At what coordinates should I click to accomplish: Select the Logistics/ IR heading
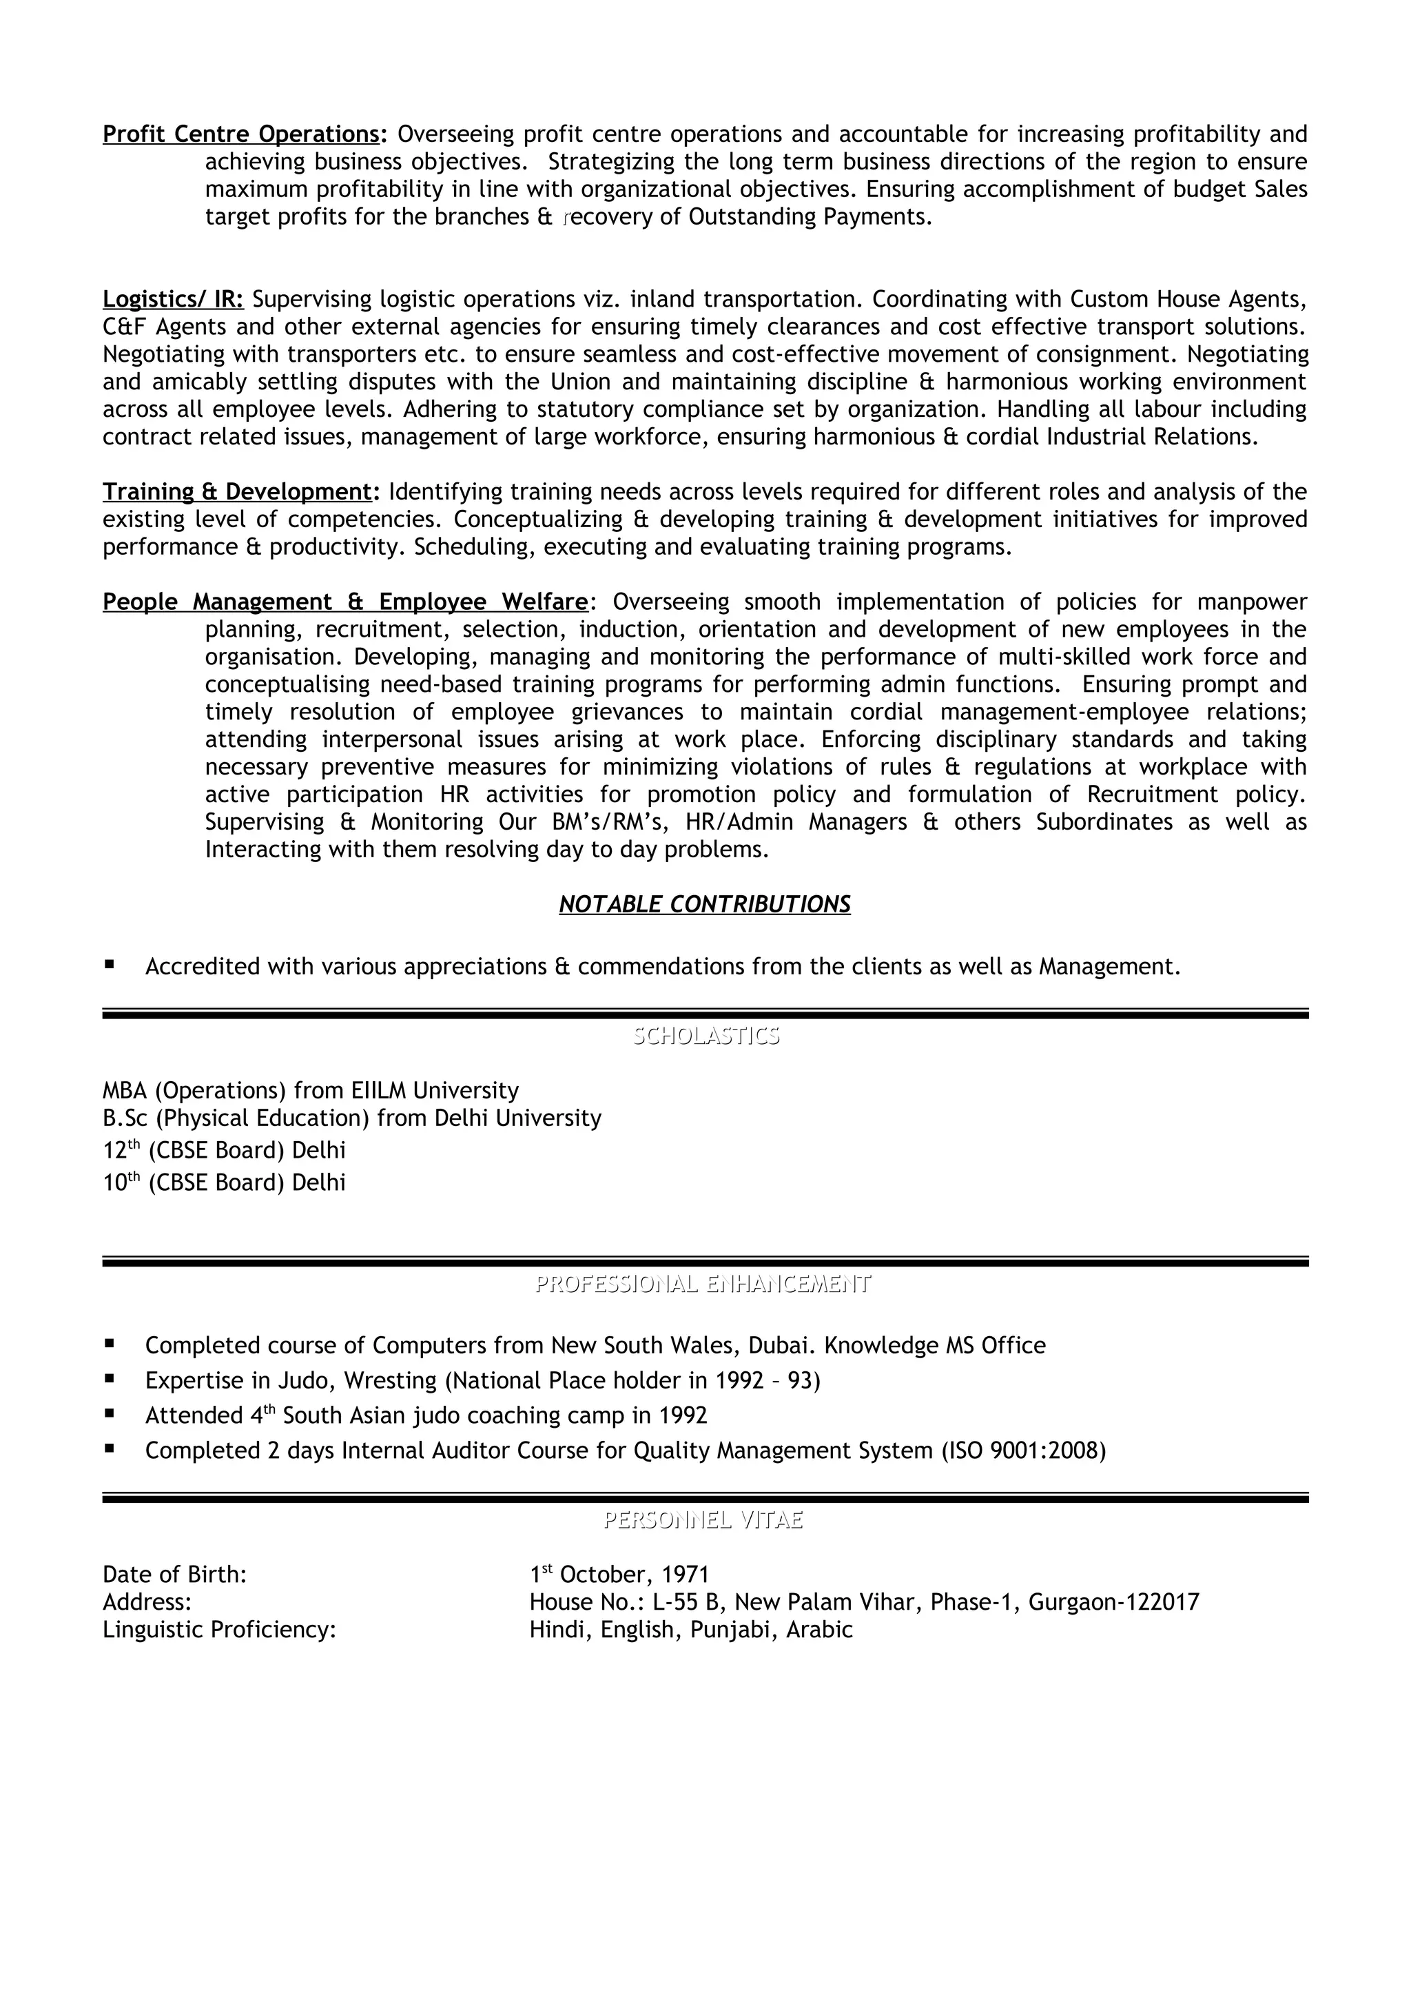[173, 299]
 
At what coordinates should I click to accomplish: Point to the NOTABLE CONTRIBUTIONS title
[704, 905]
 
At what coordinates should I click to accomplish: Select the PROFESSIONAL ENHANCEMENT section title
[703, 1284]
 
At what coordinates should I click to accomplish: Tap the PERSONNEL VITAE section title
[703, 1519]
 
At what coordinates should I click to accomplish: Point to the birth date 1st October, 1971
[619, 1575]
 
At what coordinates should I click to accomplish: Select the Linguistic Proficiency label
[219, 1630]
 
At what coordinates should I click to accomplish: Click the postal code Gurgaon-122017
[1113, 1602]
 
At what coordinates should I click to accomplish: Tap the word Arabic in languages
[819, 1630]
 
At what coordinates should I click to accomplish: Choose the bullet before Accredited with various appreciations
[110, 965]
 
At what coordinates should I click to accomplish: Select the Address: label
[147, 1602]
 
